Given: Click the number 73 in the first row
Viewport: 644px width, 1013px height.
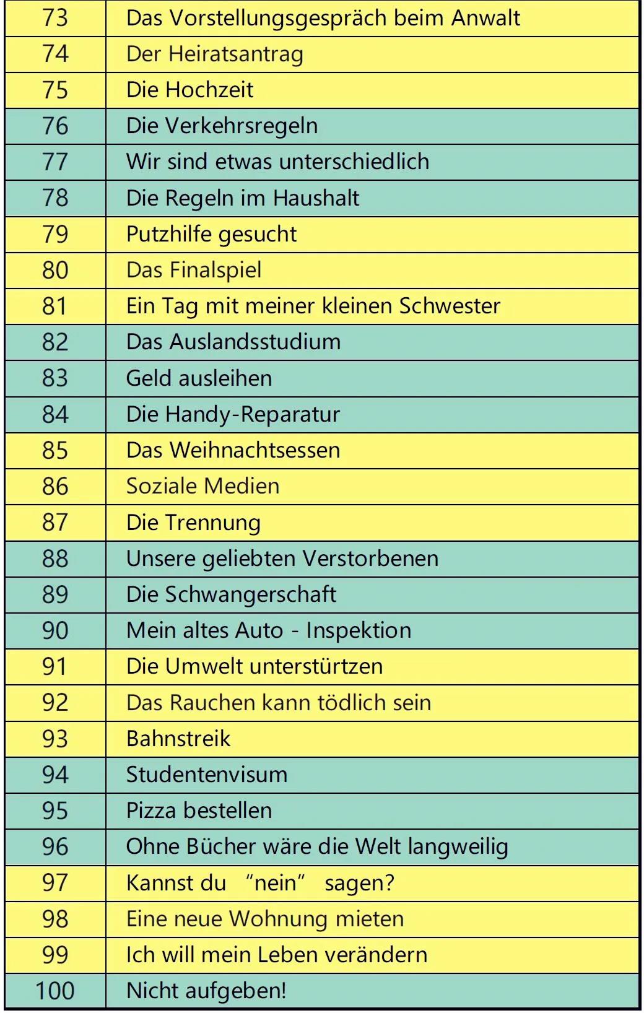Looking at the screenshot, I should pyautogui.click(x=55, y=18).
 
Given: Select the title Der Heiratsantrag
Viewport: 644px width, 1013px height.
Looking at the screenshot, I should pyautogui.click(x=214, y=54).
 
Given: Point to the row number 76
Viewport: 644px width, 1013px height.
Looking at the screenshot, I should pyautogui.click(x=55, y=126).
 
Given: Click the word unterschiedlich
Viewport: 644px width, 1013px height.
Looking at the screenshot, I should pyautogui.click(x=354, y=162).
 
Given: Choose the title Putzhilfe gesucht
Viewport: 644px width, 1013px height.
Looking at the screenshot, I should pyautogui.click(x=211, y=234).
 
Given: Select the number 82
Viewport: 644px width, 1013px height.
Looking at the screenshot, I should pyautogui.click(x=55, y=342).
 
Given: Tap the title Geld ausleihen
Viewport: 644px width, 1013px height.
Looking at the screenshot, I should pyautogui.click(x=199, y=378).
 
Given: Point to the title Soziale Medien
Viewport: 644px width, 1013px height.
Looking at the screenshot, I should pyautogui.click(x=202, y=486).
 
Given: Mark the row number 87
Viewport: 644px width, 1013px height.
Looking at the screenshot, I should pyautogui.click(x=55, y=522).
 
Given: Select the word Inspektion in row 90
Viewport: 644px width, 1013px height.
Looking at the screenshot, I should pyautogui.click(x=359, y=630).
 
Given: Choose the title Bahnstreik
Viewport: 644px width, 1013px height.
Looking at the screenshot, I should pyautogui.click(x=178, y=739).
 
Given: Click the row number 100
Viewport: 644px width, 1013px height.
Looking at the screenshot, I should pyautogui.click(x=55, y=991).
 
